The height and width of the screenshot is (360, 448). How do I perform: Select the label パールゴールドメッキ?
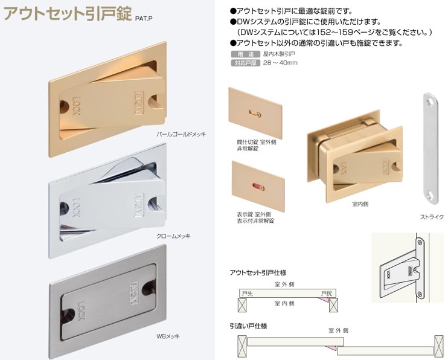pyautogui.click(x=181, y=134)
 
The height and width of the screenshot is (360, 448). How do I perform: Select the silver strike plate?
pyautogui.click(x=430, y=149)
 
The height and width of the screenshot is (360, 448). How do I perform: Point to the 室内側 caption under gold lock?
pyautogui.click(x=360, y=204)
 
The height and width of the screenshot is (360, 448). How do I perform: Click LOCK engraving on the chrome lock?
pyautogui.click(x=77, y=202)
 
